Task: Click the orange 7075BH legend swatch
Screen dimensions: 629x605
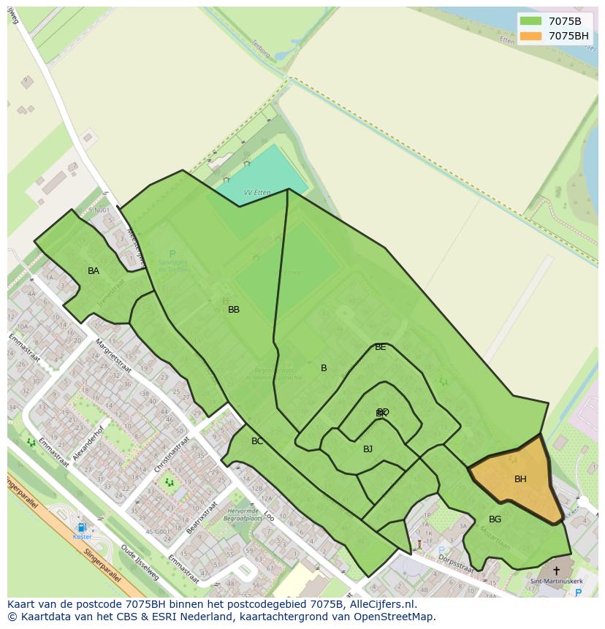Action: tap(530, 36)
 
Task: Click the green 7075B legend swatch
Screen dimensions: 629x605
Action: tap(530, 21)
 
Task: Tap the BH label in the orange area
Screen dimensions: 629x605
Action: tap(520, 479)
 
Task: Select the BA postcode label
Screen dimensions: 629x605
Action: tap(94, 271)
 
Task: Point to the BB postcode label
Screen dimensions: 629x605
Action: tap(234, 310)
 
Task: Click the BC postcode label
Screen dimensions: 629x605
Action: tap(257, 441)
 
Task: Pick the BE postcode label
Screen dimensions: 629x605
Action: tap(380, 347)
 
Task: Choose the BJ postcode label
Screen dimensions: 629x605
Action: tap(368, 449)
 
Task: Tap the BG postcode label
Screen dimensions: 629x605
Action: tap(495, 519)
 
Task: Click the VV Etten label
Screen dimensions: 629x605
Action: tap(257, 193)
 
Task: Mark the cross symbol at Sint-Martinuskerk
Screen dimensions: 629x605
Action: tap(556, 571)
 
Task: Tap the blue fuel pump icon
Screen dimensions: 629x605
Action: tap(82, 527)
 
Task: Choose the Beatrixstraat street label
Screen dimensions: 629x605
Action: tap(202, 517)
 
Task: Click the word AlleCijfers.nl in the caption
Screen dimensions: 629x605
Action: tap(382, 604)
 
